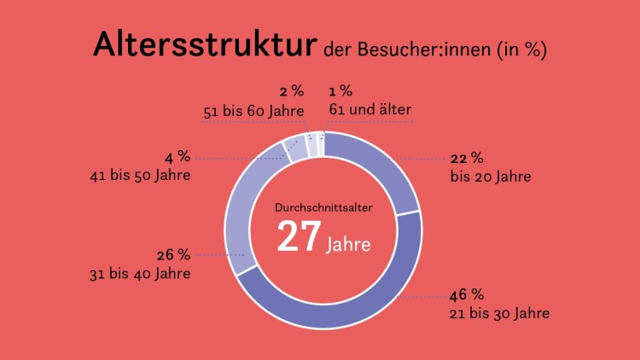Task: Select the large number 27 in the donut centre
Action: click(x=299, y=236)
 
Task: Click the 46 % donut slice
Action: click(x=358, y=303)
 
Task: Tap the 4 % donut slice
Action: click(x=296, y=148)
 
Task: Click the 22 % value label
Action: click(x=467, y=158)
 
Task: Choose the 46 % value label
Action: click(x=467, y=296)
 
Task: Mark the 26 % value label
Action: click(x=173, y=255)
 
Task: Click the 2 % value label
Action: click(x=291, y=91)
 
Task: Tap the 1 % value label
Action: click(x=340, y=91)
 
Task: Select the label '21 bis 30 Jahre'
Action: click(x=499, y=314)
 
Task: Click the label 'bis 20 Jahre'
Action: click(x=491, y=177)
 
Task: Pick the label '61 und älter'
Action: click(x=369, y=109)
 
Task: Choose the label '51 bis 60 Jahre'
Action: click(x=253, y=110)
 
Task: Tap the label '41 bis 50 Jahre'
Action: click(x=139, y=176)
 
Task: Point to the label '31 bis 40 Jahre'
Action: click(x=139, y=274)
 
